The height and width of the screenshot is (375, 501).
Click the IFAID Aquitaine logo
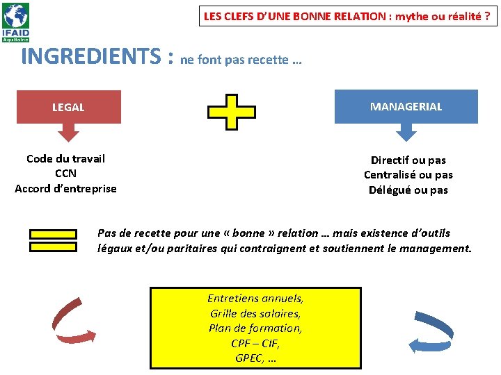coord(16,22)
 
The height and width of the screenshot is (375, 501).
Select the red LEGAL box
coord(68,107)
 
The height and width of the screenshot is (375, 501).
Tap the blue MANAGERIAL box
coord(406,106)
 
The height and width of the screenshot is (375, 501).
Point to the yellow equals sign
coord(53,240)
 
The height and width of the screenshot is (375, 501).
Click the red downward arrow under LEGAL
coord(69,131)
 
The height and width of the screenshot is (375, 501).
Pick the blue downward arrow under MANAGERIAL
coord(406,131)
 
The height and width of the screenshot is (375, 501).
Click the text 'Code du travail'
coord(65,158)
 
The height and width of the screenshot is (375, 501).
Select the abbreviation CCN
coord(65,174)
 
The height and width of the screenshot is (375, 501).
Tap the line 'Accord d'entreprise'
coord(65,188)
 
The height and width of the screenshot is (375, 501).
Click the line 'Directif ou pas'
coord(408,160)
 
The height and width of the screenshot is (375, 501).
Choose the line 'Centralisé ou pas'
coord(408,174)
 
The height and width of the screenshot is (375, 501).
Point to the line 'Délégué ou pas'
coord(408,190)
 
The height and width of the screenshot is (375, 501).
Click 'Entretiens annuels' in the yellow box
coord(255,299)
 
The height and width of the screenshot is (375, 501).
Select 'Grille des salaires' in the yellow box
coord(255,313)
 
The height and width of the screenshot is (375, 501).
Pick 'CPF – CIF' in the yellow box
coord(255,343)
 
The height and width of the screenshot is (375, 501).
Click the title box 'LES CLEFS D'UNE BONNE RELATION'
coord(349,16)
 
